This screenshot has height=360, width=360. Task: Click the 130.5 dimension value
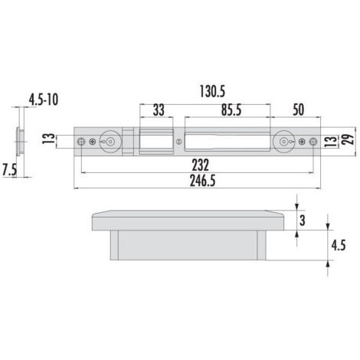(212, 92)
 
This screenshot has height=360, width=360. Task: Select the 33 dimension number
(159, 110)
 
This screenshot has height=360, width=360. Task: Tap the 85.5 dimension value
(231, 110)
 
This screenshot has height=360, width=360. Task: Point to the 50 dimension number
(299, 110)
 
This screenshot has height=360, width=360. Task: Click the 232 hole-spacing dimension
(201, 165)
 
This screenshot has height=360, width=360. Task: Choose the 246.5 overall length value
(203, 181)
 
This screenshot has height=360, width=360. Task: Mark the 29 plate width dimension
(349, 139)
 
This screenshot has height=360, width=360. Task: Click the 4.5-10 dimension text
(44, 100)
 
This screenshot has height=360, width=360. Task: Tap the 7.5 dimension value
(9, 170)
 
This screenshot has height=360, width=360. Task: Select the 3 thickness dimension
(303, 221)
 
